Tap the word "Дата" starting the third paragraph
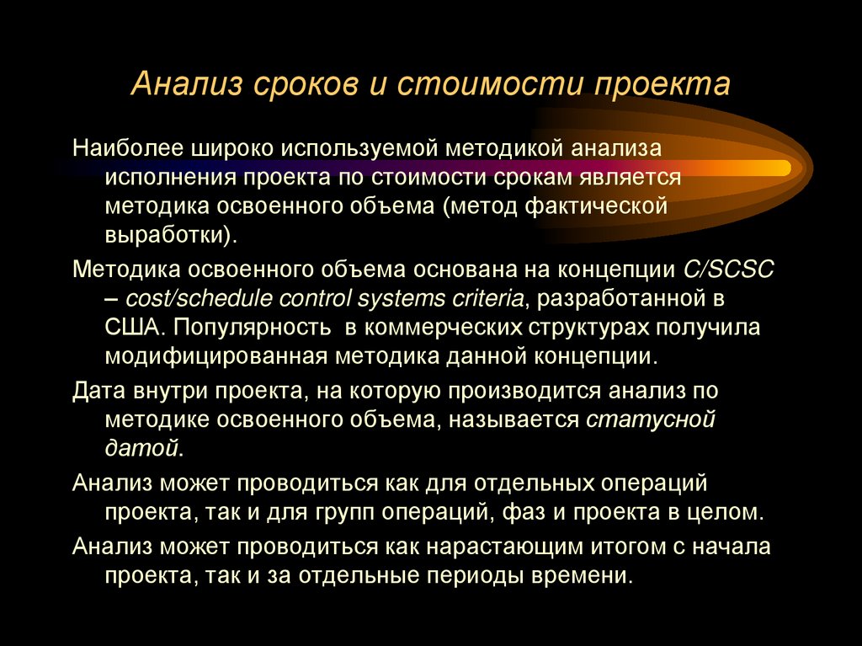coord(98,391)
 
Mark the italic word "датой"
coord(142,448)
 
